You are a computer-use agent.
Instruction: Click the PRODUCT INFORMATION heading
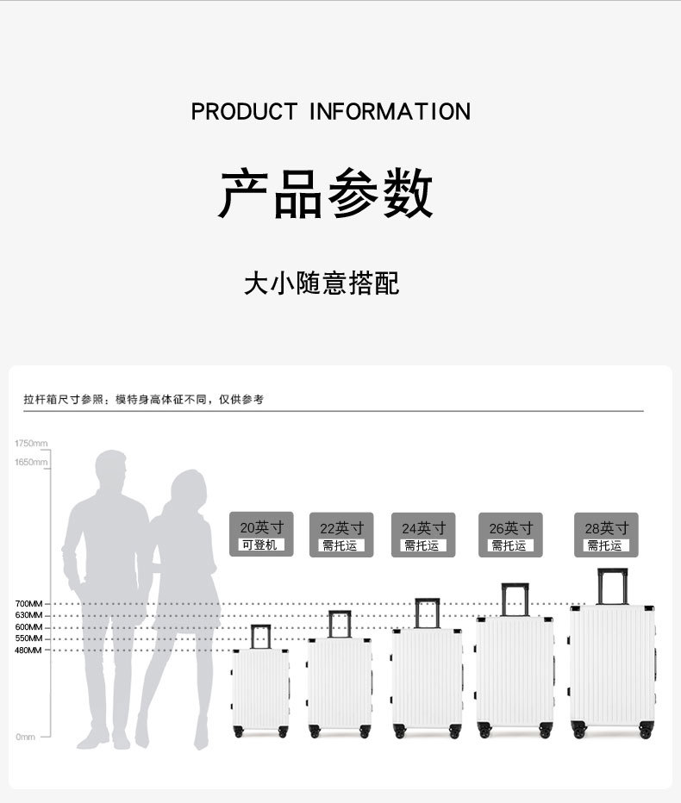[330, 112]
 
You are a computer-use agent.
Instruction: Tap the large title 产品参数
[326, 193]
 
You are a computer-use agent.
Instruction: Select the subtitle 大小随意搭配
[322, 283]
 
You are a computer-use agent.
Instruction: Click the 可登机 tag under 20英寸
[259, 545]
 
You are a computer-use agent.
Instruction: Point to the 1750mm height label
[31, 443]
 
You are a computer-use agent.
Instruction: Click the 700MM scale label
[28, 604]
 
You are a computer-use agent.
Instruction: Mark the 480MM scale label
[28, 650]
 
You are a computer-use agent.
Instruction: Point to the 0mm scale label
[25, 737]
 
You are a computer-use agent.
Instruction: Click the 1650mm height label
[31, 463]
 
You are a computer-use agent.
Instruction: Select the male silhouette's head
[111, 470]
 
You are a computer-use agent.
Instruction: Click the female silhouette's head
[187, 489]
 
